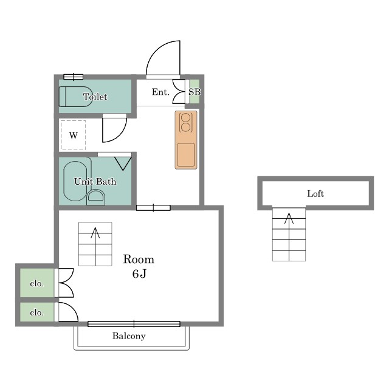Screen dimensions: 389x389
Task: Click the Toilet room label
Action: [95, 97]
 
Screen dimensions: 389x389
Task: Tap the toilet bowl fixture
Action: [74, 97]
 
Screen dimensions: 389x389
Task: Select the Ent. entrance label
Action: [160, 92]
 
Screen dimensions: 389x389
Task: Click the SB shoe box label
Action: [194, 92]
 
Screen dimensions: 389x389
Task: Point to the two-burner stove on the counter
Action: [185, 123]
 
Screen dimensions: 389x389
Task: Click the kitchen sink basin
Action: [186, 156]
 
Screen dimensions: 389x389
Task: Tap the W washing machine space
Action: [73, 135]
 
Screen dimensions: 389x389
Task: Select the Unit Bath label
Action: [95, 181]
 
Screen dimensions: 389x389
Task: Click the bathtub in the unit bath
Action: [75, 181]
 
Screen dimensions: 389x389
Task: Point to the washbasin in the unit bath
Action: [96, 197]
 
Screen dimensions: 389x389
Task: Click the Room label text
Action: [139, 260]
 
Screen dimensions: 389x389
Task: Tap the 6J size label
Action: [139, 274]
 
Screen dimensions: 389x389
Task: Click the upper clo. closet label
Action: [36, 283]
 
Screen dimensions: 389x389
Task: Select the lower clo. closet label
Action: [36, 312]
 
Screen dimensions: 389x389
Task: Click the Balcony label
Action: [129, 336]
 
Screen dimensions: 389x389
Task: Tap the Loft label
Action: [315, 193]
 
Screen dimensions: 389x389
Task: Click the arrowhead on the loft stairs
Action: [289, 218]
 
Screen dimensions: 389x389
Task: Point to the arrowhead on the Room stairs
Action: [95, 233]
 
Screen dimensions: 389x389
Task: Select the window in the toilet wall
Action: [73, 77]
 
